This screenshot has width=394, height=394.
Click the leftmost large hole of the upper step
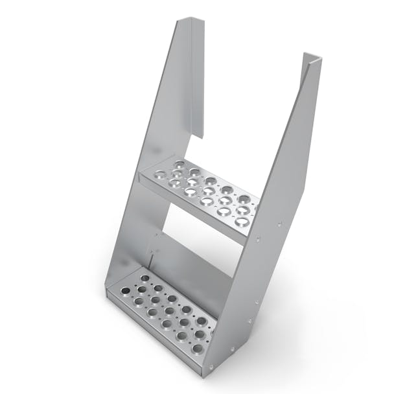click(160, 174)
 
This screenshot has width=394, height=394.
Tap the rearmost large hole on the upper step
click(180, 163)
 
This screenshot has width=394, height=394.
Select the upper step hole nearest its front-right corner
click(241, 222)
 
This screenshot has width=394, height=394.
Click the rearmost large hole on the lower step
click(145, 279)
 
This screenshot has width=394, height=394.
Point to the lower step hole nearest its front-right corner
click(198, 349)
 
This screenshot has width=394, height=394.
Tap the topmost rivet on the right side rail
click(279, 224)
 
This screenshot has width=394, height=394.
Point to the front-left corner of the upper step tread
click(141, 177)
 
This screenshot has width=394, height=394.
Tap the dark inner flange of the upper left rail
click(198, 78)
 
